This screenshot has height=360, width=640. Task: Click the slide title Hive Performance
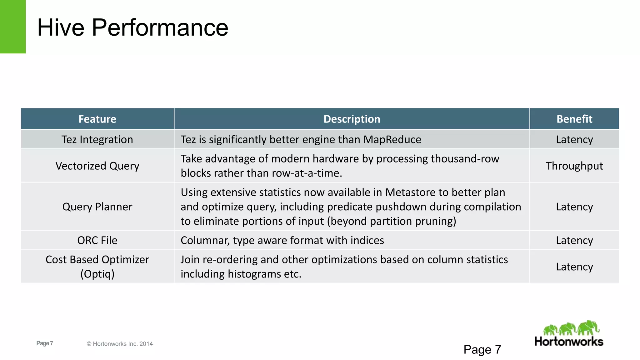pyautogui.click(x=132, y=27)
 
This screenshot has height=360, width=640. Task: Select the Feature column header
pyautogui.click(x=97, y=119)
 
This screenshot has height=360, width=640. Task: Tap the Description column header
pyautogui.click(x=352, y=119)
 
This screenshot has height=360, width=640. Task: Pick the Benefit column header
pyautogui.click(x=574, y=119)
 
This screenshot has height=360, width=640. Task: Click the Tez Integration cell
pyautogui.click(x=97, y=139)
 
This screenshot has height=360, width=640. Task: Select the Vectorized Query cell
pyautogui.click(x=97, y=166)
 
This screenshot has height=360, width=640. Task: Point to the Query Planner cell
pyautogui.click(x=97, y=207)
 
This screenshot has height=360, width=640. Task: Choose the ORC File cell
pyautogui.click(x=97, y=240)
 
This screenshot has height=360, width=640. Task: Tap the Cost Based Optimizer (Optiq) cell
pyautogui.click(x=97, y=267)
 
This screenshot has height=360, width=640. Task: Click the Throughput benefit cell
pyautogui.click(x=574, y=166)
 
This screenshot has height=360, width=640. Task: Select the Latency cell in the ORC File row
pyautogui.click(x=574, y=240)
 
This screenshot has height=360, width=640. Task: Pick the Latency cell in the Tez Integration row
pyautogui.click(x=574, y=139)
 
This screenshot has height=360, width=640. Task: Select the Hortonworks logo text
pyautogui.click(x=569, y=341)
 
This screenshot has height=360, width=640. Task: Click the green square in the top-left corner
pyautogui.click(x=12, y=27)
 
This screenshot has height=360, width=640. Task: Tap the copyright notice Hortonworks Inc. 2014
pyautogui.click(x=120, y=344)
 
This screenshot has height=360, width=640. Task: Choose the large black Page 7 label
pyautogui.click(x=482, y=349)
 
